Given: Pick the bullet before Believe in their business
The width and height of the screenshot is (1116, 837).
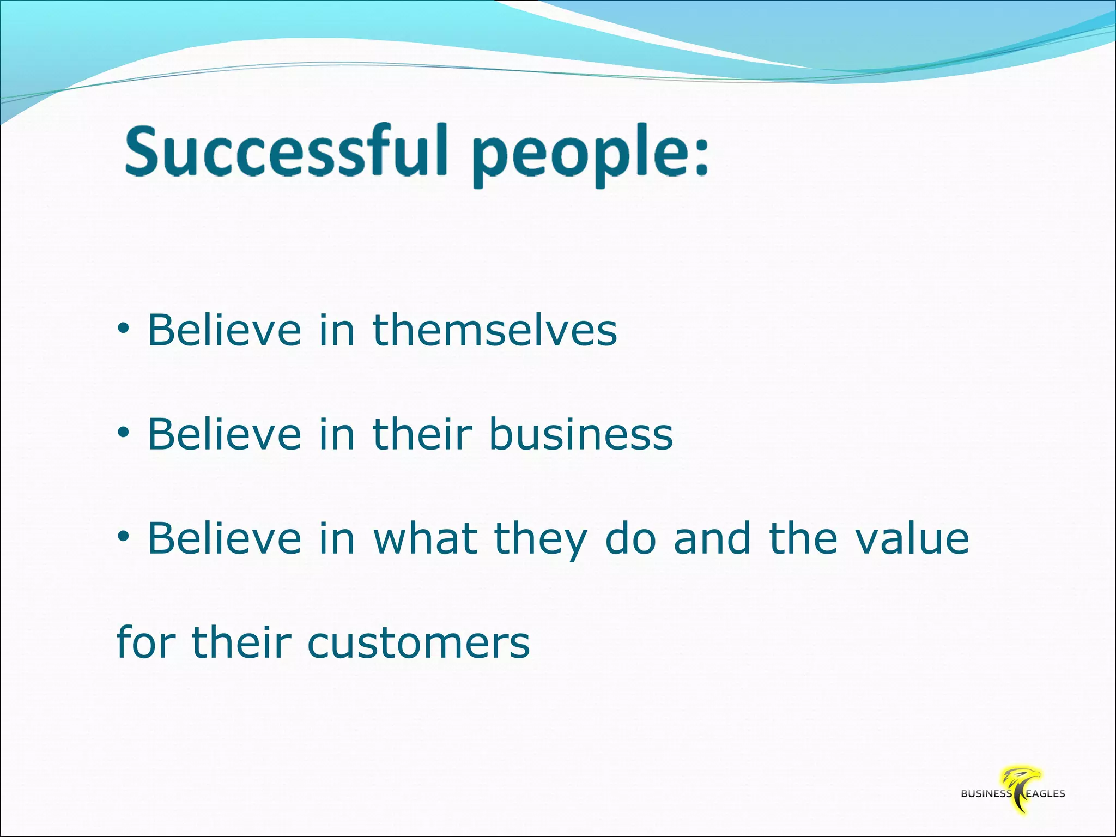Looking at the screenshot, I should click(124, 434).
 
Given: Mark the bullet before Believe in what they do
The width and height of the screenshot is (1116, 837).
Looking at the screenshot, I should click(124, 538).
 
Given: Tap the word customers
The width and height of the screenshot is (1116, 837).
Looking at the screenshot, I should click(418, 643).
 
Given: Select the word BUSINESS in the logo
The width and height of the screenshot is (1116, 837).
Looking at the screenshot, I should click(986, 794).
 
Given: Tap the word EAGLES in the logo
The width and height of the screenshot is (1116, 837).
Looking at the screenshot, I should click(1045, 794).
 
